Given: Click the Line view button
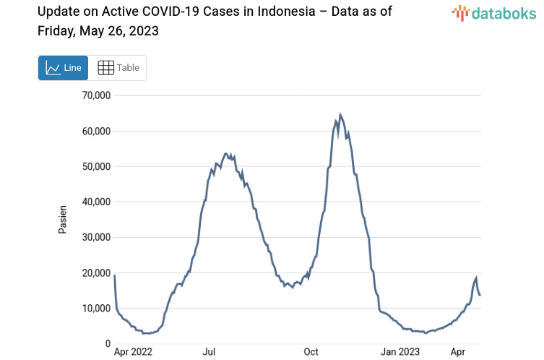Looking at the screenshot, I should coord(63,68).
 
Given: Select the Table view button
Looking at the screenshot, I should coord(118,68).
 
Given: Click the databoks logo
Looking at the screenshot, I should coord(494,14).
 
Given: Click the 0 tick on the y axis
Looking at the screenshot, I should coord(107,344).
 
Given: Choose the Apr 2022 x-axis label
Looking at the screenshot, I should coord(134,352).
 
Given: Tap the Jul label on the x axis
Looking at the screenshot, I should coord(209,352).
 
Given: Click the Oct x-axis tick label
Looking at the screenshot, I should coord(311,352).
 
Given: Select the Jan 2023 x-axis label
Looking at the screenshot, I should coord(400,352).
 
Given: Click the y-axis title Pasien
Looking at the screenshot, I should coord(62,219).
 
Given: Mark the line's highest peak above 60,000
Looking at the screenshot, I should coord(340,115).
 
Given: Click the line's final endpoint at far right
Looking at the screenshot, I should coord(480,295).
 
